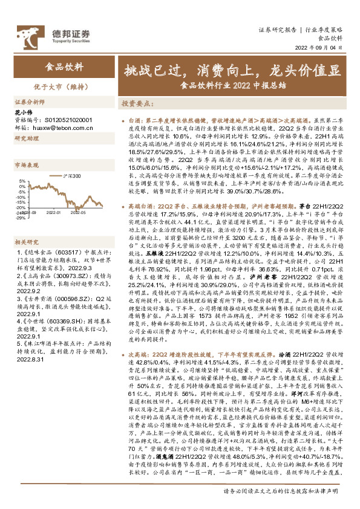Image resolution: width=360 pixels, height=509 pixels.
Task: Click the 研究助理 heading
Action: (26, 138)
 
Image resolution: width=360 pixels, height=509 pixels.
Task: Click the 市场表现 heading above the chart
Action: (26, 164)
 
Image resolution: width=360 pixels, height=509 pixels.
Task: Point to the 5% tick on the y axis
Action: (21, 181)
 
